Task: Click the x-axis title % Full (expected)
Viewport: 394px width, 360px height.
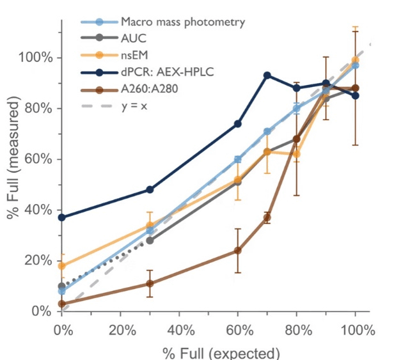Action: tap(221, 353)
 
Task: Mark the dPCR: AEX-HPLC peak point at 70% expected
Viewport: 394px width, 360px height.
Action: tap(267, 75)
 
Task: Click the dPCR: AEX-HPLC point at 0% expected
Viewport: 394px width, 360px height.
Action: tap(61, 217)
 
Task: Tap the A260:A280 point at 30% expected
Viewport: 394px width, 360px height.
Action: tap(150, 283)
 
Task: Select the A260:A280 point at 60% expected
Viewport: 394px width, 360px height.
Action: tap(237, 250)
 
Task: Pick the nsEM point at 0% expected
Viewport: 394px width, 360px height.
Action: tap(61, 265)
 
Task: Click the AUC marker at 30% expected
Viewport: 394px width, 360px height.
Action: tap(150, 240)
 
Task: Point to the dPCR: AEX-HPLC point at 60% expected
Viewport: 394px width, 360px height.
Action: tap(237, 123)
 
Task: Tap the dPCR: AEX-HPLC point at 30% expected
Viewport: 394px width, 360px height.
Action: tap(150, 189)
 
